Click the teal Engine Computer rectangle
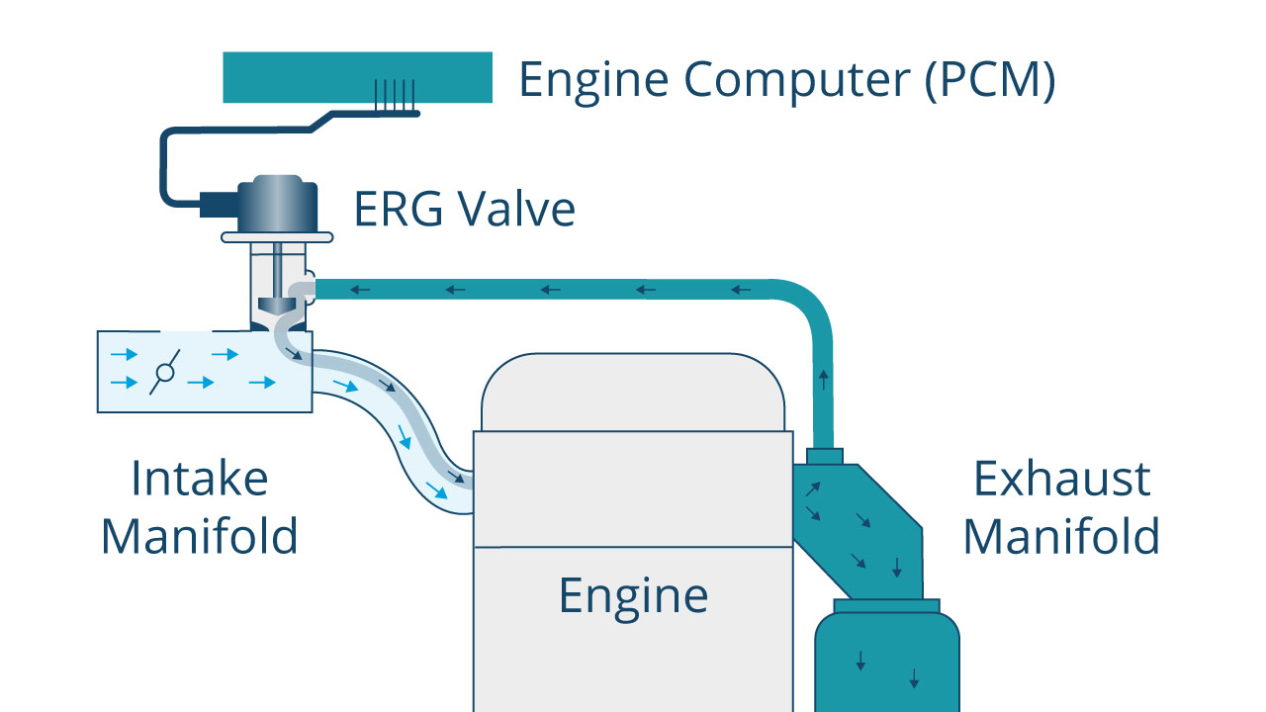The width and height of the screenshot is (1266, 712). pyautogui.click(x=357, y=77)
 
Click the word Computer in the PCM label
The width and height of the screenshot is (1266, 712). pyautogui.click(x=797, y=81)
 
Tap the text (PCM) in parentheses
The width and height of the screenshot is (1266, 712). pyautogui.click(x=990, y=80)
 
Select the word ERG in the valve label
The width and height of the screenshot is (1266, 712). pyautogui.click(x=399, y=209)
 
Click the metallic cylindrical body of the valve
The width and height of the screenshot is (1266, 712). pyautogui.click(x=277, y=204)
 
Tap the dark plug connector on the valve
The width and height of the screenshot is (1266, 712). pyautogui.click(x=219, y=205)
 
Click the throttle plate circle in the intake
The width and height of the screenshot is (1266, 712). pyautogui.click(x=165, y=373)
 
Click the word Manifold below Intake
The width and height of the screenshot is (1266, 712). pyautogui.click(x=200, y=536)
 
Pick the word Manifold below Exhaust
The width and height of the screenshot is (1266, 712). pyautogui.click(x=1061, y=536)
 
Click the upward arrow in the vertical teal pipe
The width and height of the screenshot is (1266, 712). pyautogui.click(x=824, y=379)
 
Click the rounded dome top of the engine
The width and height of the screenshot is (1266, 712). pyautogui.click(x=633, y=393)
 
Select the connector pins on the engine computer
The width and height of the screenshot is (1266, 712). pyautogui.click(x=395, y=95)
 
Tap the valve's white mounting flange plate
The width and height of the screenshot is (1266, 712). pyautogui.click(x=277, y=237)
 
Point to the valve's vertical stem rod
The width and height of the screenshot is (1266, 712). pyautogui.click(x=278, y=271)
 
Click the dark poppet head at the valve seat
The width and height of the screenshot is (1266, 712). pyautogui.click(x=277, y=306)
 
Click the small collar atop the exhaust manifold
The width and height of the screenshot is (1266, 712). pyautogui.click(x=825, y=457)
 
